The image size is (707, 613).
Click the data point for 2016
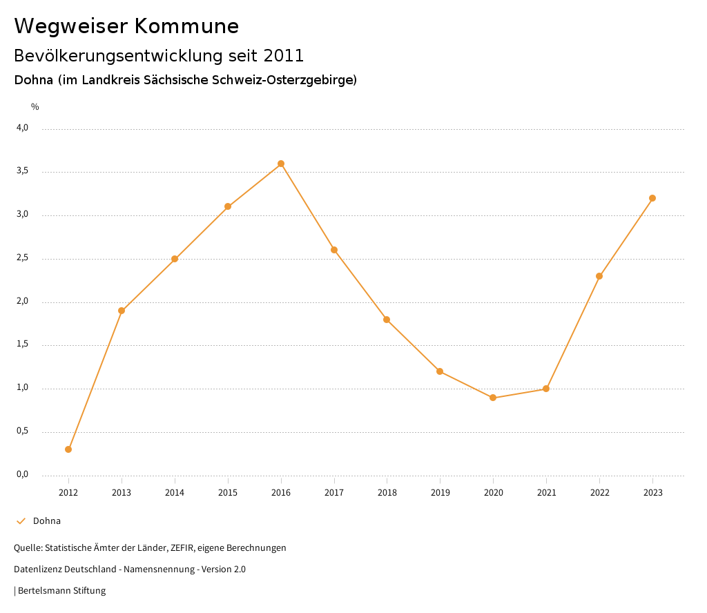pos(281,164)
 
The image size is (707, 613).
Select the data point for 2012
pos(68,449)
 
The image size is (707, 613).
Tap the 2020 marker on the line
pos(493,398)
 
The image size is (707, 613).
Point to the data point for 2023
pos(652,198)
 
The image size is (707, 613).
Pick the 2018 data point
pos(387,320)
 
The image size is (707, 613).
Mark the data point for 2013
pos(122,311)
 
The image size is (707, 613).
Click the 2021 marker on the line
pos(546,389)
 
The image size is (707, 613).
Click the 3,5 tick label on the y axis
pos(22,171)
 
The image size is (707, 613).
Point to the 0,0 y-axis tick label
pos(22,475)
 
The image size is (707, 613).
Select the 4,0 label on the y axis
pos(22,128)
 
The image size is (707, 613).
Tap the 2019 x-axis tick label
pos(440,493)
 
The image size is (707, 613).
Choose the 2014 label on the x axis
pos(175,493)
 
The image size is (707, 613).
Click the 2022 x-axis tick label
pos(599,493)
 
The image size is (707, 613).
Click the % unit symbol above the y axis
pos(35,107)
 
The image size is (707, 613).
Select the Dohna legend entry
pos(46,521)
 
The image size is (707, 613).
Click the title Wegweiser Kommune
pos(126,26)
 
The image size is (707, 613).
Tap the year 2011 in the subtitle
pos(284,55)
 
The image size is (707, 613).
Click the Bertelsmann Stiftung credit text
pos(61,591)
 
